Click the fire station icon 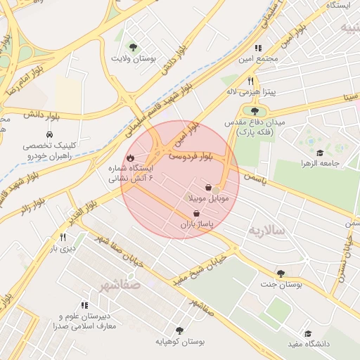click(x=130, y=158)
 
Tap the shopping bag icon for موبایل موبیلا click(x=209, y=188)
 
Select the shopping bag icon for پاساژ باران click(x=206, y=213)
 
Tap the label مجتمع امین click(x=258, y=58)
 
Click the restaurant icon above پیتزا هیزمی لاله click(x=252, y=82)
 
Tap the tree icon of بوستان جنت click(x=281, y=274)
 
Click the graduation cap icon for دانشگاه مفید click(x=307, y=334)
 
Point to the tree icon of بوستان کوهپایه click(x=179, y=330)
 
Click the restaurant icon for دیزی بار click(x=63, y=238)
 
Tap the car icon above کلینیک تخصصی click(x=49, y=134)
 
